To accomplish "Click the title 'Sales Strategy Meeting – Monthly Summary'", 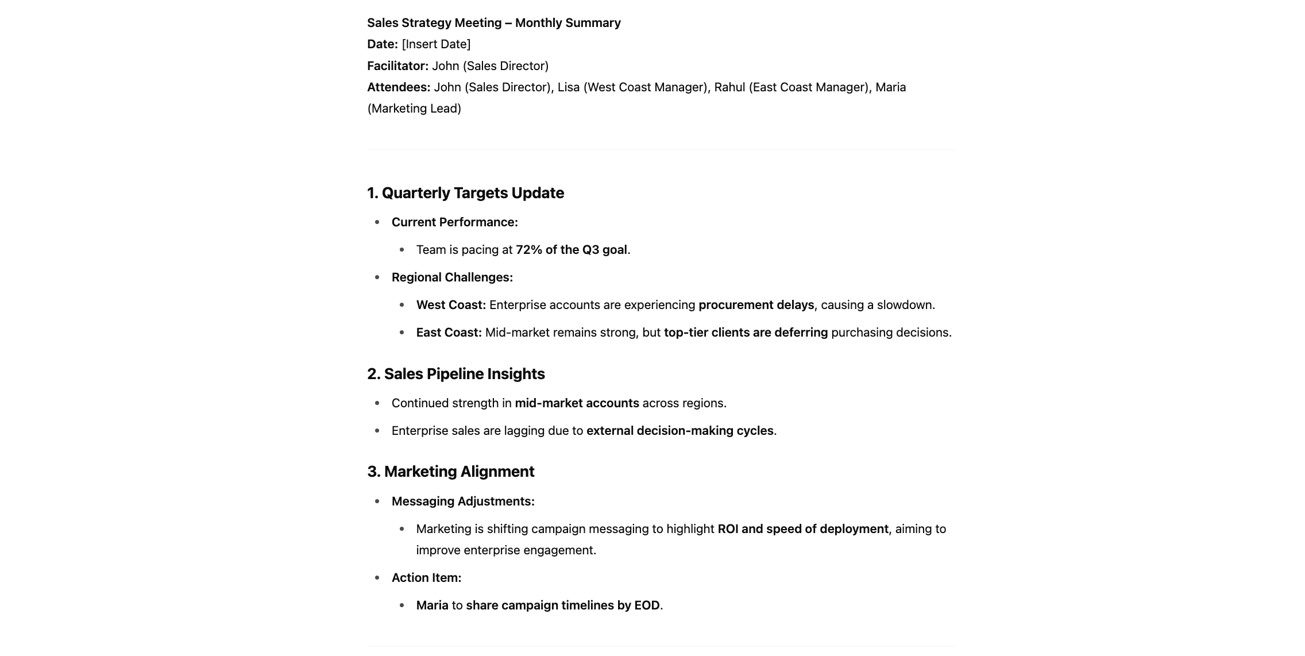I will coord(493,23).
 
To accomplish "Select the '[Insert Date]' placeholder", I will coord(436,44).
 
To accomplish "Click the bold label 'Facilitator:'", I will coord(397,66).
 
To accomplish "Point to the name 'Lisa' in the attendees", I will coord(568,87).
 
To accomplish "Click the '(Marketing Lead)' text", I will coord(414,109).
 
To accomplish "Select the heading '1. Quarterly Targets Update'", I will coord(465,193).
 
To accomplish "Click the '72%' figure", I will coord(528,250).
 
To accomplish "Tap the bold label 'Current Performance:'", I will coord(454,222).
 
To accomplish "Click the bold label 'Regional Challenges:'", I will coord(452,277).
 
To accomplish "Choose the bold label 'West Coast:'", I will coord(451,305).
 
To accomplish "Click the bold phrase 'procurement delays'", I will coord(756,305).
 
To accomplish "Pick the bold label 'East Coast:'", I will coord(449,333).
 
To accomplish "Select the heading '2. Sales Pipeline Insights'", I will coord(455,374).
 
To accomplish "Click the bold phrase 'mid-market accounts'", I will coord(577,403).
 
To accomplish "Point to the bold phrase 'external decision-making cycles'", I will coord(679,431).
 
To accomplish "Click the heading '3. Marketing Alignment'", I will coord(450,472).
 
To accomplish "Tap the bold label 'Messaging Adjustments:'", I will coord(463,501).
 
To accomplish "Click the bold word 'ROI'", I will coord(728,529).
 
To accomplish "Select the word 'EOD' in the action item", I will coord(647,605).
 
